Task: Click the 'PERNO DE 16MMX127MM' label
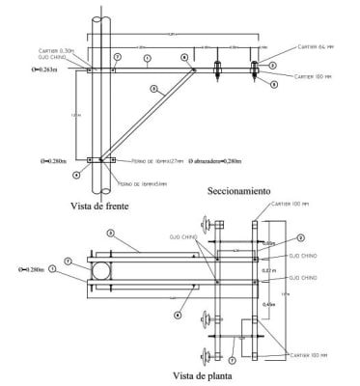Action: pos(154,161)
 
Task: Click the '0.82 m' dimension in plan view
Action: pos(269,271)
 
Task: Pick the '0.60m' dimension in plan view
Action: pos(270,243)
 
